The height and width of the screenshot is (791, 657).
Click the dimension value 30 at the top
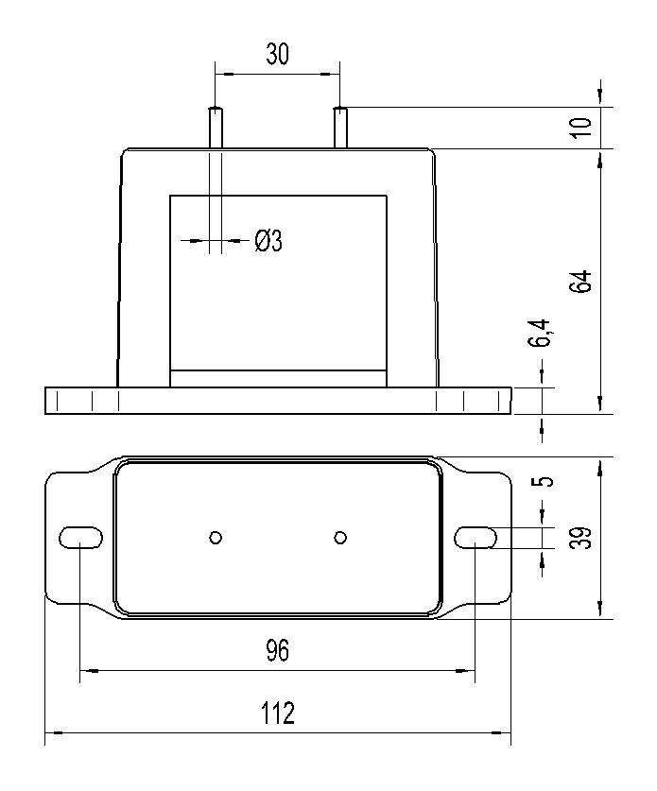coord(278,55)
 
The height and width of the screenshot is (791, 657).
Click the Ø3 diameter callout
coord(268,241)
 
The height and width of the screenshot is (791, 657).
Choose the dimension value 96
coord(278,650)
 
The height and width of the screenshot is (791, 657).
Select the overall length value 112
coord(278,714)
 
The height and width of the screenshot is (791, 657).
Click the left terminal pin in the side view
coord(216,128)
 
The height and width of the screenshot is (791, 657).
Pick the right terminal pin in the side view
coord(340,128)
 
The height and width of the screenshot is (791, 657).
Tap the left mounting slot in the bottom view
coord(80,537)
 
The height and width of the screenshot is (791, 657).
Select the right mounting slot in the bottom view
coord(475,537)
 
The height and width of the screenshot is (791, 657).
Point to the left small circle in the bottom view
coord(216,538)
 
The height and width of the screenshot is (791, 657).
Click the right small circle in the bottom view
coord(340,538)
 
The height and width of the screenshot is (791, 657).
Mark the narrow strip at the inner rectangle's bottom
coord(279,379)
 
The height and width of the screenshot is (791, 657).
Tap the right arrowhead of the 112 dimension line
coord(502,733)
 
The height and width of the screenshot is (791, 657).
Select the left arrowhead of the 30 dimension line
coord(225,75)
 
